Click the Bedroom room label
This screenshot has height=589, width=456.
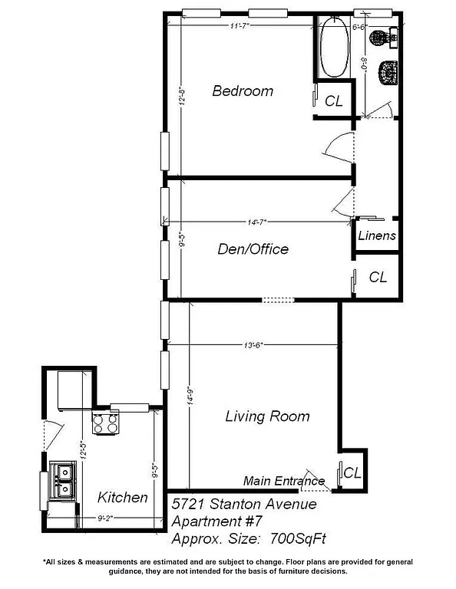click(x=243, y=91)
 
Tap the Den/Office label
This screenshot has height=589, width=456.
click(x=252, y=249)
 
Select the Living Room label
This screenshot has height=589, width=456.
click(x=267, y=416)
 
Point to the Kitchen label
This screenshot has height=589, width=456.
click(x=123, y=498)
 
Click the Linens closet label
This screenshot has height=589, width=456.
click(x=377, y=236)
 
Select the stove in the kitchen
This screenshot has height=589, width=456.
click(x=106, y=422)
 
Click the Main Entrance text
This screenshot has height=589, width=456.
click(x=283, y=481)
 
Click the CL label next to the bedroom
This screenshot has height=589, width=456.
click(x=334, y=100)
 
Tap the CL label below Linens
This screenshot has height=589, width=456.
click(x=378, y=277)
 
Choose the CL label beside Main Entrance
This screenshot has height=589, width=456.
click(x=352, y=472)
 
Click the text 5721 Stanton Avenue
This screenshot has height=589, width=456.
click(x=243, y=504)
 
